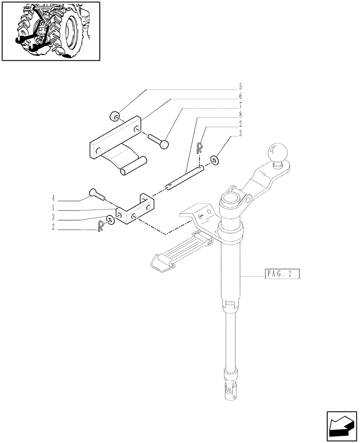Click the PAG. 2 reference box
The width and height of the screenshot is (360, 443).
click(x=283, y=274)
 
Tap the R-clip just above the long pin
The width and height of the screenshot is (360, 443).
click(x=200, y=148)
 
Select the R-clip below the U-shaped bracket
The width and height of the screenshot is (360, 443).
click(x=100, y=226)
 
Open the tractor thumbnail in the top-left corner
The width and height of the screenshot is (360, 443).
click(x=50, y=31)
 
